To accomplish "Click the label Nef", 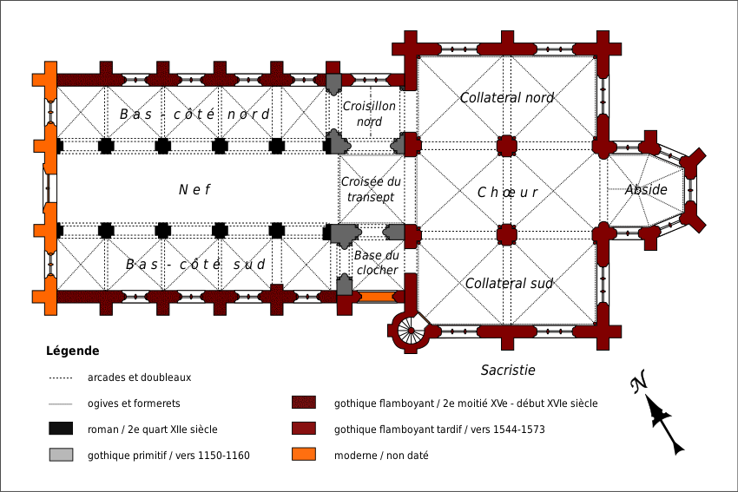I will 194,190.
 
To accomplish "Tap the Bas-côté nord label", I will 194,115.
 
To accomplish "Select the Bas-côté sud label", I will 194,264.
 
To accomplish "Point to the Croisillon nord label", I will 369,114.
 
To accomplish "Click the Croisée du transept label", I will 371,189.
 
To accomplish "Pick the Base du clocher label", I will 376,262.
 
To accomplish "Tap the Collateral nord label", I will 507,97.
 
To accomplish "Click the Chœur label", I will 508,192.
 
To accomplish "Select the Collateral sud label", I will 508,284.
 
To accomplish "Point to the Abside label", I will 647,190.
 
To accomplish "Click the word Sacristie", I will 508,371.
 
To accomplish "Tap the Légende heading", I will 72,351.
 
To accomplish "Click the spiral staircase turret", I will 409,330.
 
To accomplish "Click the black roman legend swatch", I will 61,429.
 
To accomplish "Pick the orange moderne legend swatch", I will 306,455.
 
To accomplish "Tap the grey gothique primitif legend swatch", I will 61,455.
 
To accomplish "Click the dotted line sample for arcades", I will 61,378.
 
